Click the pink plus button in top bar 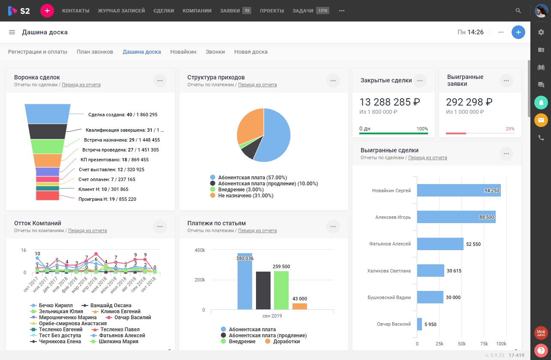tap(47, 11)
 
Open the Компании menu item tap(197, 11)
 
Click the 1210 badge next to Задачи tap(322, 11)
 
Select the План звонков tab tap(95, 52)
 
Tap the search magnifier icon tap(518, 11)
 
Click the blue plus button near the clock tap(518, 32)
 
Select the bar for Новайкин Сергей tap(458, 191)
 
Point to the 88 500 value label tap(486, 218)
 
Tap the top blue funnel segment tap(47, 114)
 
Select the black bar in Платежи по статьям tap(263, 290)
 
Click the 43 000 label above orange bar tap(300, 299)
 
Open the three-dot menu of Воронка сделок tap(160, 81)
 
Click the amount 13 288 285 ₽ tap(389, 102)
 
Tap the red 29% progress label tap(510, 129)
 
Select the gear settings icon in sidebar tap(541, 32)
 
